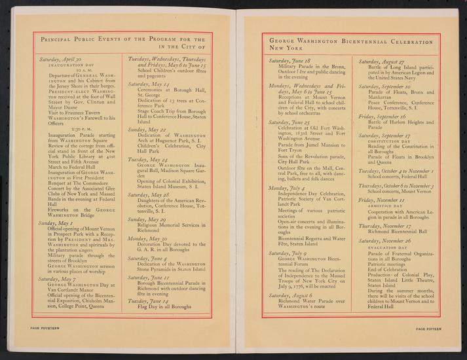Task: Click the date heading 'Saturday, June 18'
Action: click(293, 60)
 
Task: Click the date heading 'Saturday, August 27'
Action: click(383, 60)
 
